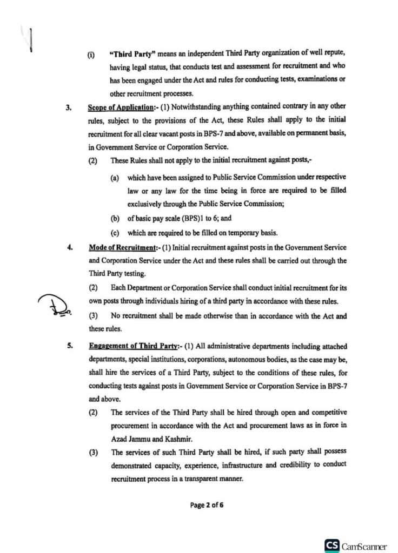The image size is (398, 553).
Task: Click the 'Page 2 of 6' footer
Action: pos(207,505)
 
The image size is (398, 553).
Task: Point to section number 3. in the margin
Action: pos(69,107)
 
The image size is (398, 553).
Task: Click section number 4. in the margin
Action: pos(69,247)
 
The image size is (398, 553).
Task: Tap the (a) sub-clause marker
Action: pos(115,178)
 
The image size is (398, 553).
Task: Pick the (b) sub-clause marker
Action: pos(115,219)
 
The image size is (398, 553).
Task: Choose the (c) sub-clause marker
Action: pos(115,233)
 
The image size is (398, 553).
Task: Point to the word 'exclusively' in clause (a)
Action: pos(144,205)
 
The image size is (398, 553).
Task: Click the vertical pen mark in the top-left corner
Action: pos(31,39)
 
